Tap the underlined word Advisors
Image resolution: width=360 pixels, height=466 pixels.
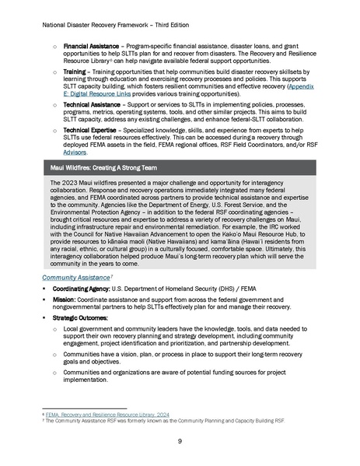pyautogui.click(x=75, y=152)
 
